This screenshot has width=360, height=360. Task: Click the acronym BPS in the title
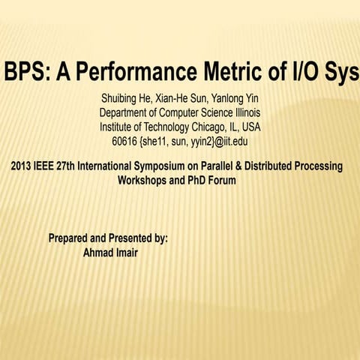coord(23,73)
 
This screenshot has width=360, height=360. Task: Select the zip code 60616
coord(124,141)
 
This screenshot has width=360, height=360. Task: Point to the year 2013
coord(22,166)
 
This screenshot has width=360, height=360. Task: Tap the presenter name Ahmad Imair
coord(110,252)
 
